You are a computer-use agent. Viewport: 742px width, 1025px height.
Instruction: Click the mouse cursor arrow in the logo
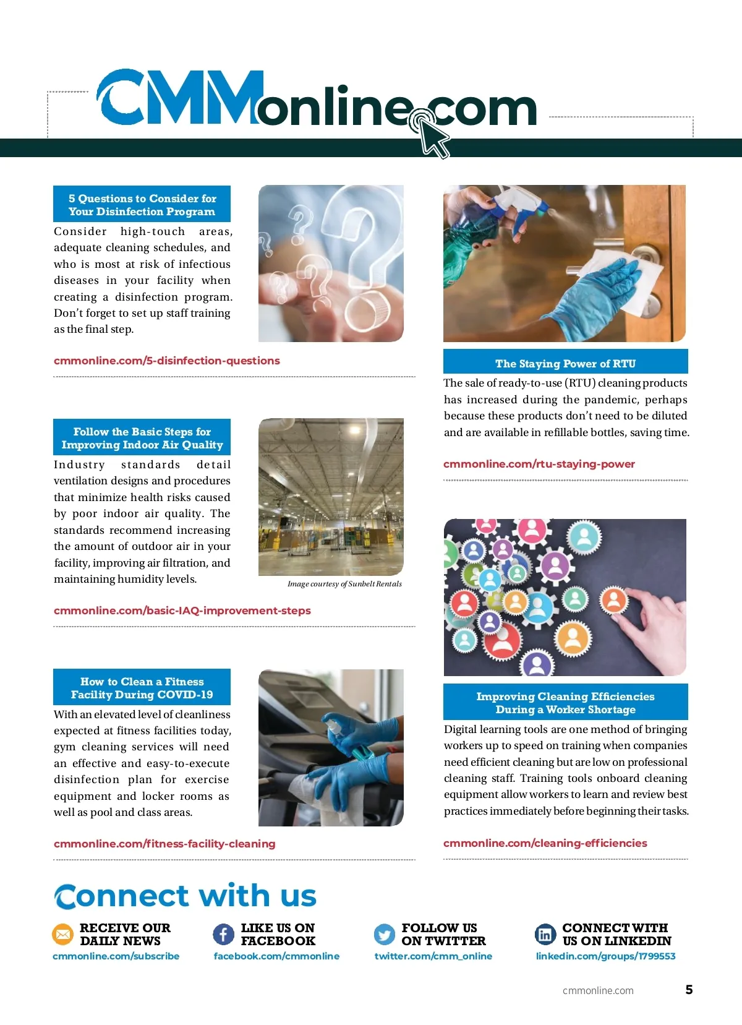(x=433, y=137)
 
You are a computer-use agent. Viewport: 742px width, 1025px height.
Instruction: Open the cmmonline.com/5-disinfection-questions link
(x=166, y=361)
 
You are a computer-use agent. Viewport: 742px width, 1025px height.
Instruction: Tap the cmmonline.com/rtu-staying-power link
(x=539, y=464)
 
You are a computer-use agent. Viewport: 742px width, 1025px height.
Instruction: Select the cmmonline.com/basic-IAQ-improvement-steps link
(x=182, y=611)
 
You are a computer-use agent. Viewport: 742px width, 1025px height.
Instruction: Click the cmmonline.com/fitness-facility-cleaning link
(x=164, y=843)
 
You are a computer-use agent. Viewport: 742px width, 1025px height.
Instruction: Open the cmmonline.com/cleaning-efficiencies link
(x=545, y=843)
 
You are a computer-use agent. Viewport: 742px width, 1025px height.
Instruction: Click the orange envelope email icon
(x=62, y=934)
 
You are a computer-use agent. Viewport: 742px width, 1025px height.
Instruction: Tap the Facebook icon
(x=223, y=934)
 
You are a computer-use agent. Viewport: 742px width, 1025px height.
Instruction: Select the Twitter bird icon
(x=384, y=934)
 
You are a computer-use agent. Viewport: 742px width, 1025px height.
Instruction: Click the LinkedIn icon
(x=545, y=934)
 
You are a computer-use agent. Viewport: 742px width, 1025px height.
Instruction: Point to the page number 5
(x=689, y=990)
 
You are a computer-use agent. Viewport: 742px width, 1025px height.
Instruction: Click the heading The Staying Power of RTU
(x=565, y=363)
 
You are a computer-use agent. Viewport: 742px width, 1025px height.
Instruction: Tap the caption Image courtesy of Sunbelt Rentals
(x=344, y=584)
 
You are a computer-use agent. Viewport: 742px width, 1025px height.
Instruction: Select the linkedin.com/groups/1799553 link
(x=606, y=956)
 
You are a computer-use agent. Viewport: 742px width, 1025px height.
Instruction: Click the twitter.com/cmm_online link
(x=433, y=956)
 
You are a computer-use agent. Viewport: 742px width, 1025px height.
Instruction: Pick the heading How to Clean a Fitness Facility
(x=142, y=688)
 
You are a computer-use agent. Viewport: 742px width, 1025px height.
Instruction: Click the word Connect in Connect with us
(x=121, y=896)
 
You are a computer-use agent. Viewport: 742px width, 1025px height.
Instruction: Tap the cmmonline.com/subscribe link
(x=116, y=956)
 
